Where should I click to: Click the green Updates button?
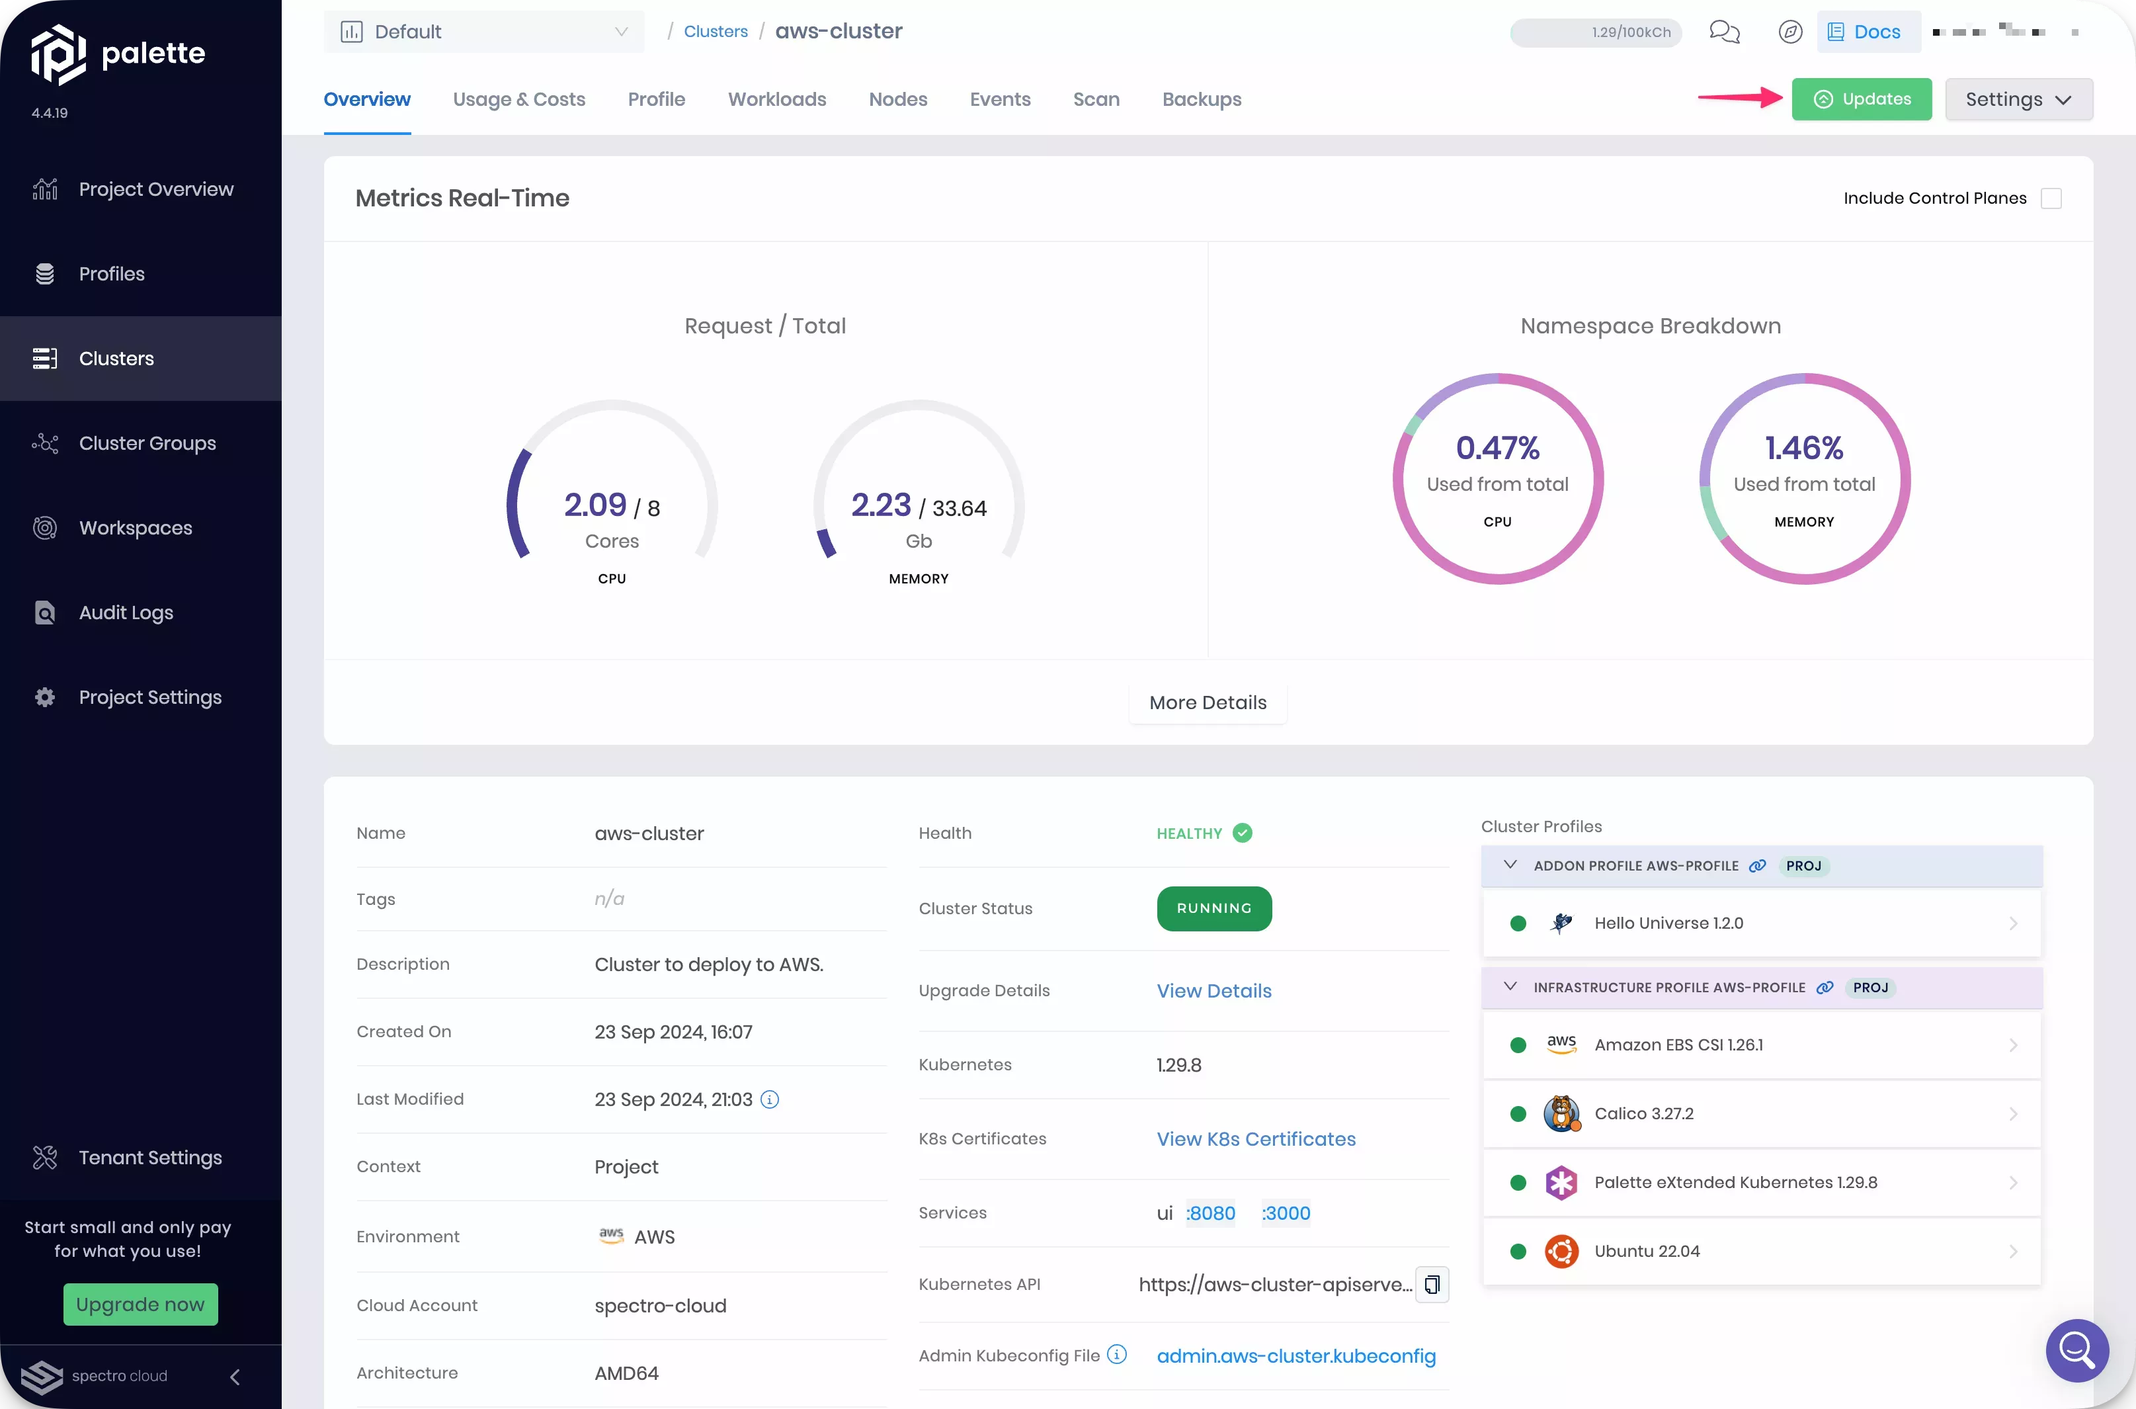click(1861, 99)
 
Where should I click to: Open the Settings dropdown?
click(2018, 99)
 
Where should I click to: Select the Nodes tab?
click(897, 99)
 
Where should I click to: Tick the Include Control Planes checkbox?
click(2051, 198)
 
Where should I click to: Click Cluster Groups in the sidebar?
click(147, 443)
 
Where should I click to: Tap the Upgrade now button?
click(140, 1304)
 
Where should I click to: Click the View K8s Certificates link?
click(1256, 1138)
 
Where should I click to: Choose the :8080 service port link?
click(1211, 1213)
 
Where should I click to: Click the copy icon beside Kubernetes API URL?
click(1432, 1284)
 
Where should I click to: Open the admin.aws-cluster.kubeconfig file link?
click(1295, 1356)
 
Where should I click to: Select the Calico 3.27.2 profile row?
click(1760, 1113)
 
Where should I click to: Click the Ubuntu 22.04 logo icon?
click(1561, 1251)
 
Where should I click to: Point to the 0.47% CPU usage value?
click(1497, 447)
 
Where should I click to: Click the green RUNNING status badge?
click(1213, 908)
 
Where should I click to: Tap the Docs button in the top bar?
click(1868, 32)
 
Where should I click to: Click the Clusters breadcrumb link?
click(715, 32)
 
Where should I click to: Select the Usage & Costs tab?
click(518, 99)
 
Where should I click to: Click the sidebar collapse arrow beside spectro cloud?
click(235, 1377)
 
